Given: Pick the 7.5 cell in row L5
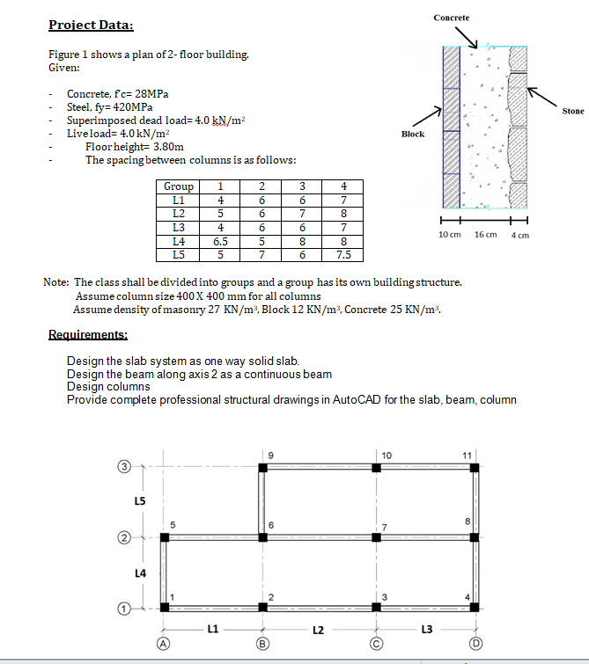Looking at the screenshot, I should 344,255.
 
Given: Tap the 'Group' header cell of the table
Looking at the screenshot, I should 179,186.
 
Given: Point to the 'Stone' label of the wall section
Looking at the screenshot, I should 572,112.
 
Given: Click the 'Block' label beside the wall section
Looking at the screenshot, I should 413,135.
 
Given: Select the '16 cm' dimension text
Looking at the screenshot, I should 485,236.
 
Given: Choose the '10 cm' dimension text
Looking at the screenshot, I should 450,236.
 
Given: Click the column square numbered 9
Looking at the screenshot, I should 263,468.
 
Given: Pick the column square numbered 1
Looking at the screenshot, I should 165,607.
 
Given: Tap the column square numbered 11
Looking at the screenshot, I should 475,468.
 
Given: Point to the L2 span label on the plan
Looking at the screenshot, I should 318,630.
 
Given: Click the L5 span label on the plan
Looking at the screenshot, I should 140,500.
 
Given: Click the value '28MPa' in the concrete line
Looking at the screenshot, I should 151,93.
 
